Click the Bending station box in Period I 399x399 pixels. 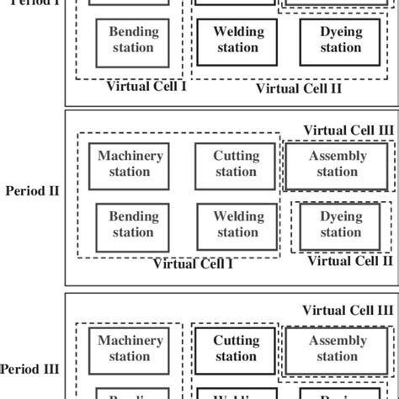pyautogui.click(x=134, y=40)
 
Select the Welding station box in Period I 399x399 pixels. pyautogui.click(x=238, y=40)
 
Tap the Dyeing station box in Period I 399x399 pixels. pyautogui.click(x=341, y=40)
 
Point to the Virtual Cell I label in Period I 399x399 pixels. pyautogui.click(x=146, y=86)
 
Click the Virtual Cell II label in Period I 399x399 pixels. pyautogui.click(x=299, y=88)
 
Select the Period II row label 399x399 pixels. pyautogui.click(x=32, y=191)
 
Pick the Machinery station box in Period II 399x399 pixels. pyautogui.click(x=130, y=164)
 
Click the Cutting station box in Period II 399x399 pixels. pyautogui.click(x=236, y=164)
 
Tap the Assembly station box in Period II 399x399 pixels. pyautogui.click(x=338, y=164)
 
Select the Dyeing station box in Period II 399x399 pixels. pyautogui.click(x=341, y=225)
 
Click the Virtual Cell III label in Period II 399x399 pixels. pyautogui.click(x=348, y=130)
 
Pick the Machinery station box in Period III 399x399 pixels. pyautogui.click(x=130, y=349)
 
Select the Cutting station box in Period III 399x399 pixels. pyautogui.click(x=236, y=349)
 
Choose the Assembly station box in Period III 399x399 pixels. pyautogui.click(x=338, y=349)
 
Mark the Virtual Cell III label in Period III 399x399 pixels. pyautogui.click(x=348, y=310)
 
